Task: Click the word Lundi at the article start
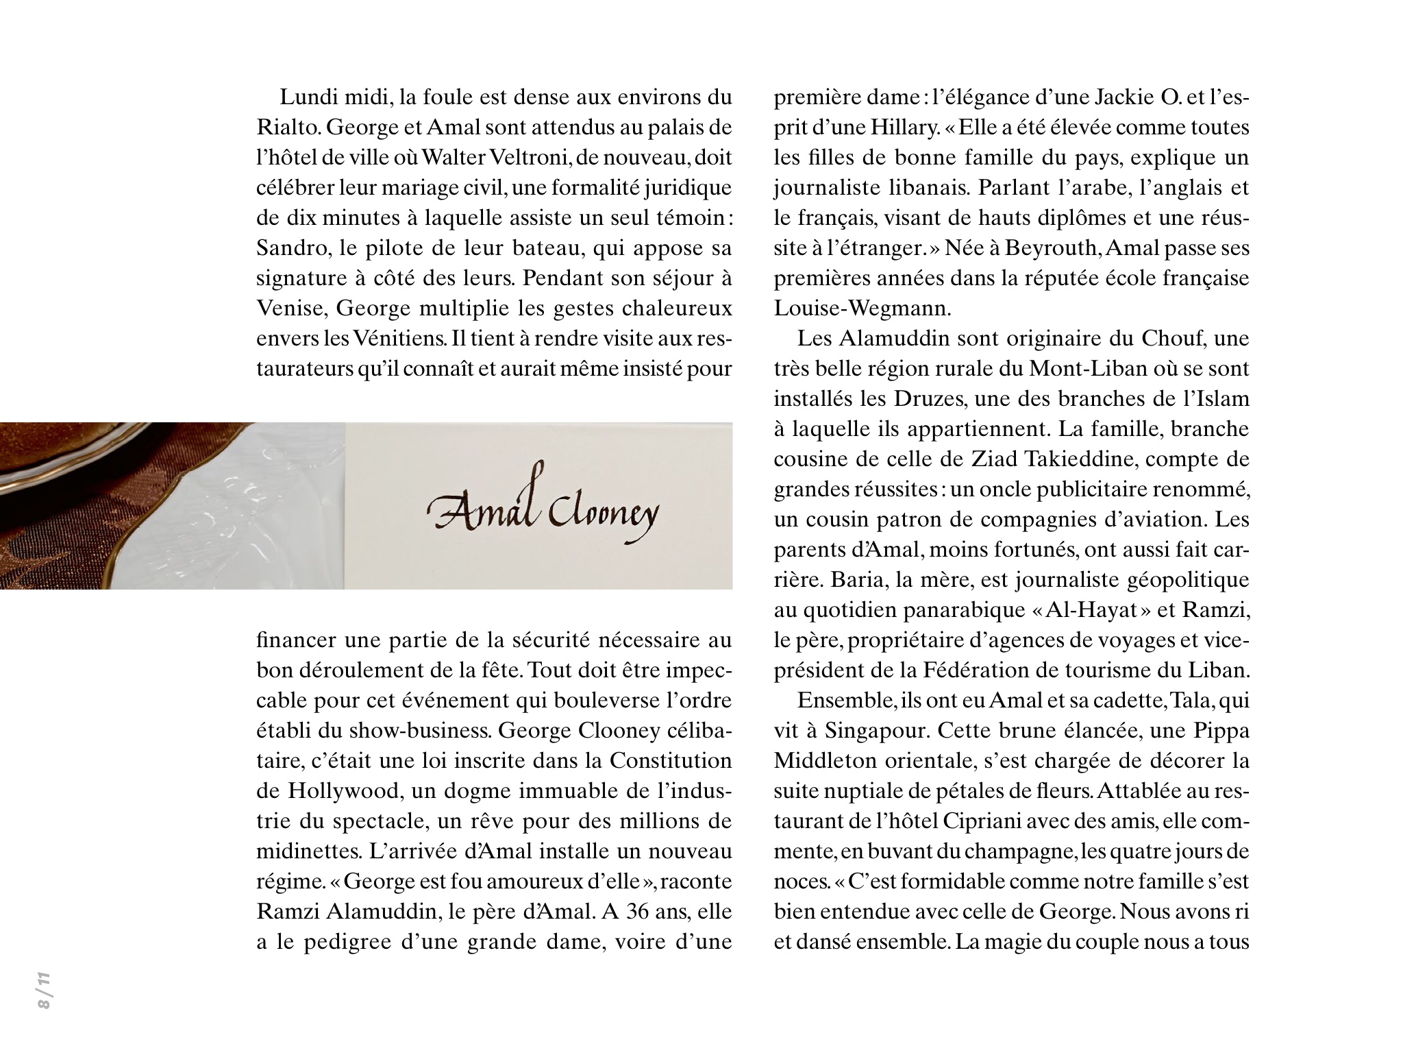point(307,97)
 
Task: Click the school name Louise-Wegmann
point(862,308)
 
